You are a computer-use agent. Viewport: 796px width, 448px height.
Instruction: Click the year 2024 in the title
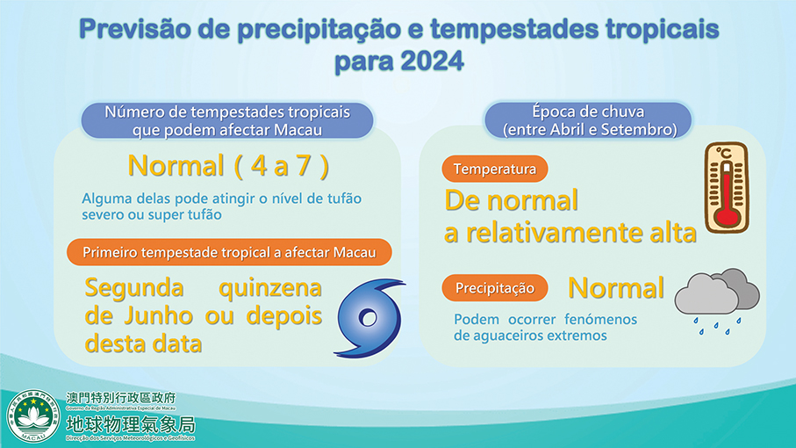[428, 63]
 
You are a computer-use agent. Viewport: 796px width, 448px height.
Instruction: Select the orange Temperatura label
[495, 169]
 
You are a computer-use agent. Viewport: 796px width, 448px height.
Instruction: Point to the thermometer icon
[725, 189]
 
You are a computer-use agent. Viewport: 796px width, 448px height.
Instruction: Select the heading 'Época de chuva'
[588, 112]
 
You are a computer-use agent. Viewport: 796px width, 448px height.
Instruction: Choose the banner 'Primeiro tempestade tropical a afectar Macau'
[228, 253]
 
